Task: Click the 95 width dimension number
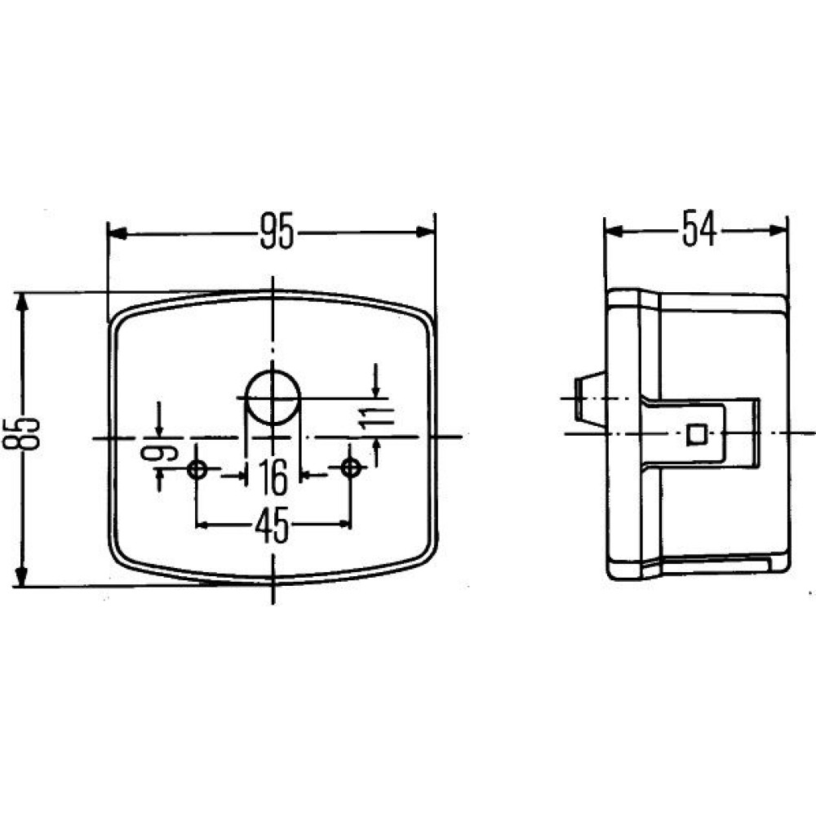coord(277,231)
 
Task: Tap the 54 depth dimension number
coord(699,228)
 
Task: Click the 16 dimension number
coord(273,477)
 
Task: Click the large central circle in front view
coord(273,398)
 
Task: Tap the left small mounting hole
coord(197,469)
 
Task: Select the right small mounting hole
coord(350,468)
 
